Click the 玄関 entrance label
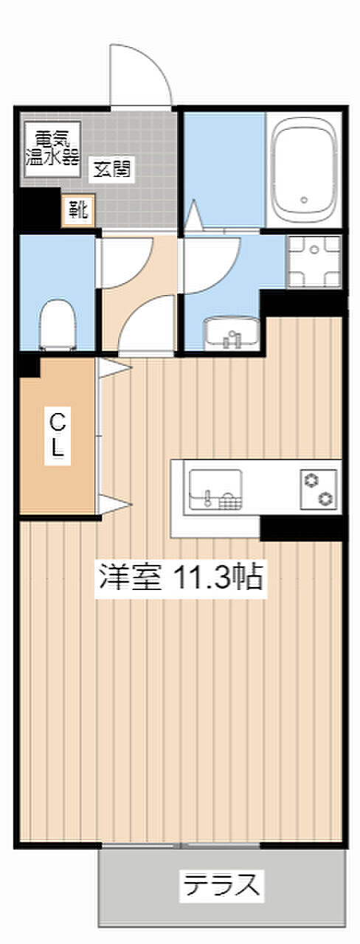click(x=111, y=169)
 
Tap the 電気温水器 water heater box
click(x=52, y=149)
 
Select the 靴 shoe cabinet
click(x=79, y=210)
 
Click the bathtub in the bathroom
click(x=305, y=169)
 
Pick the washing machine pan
click(x=314, y=262)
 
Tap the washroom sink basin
click(x=232, y=333)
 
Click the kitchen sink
click(x=215, y=491)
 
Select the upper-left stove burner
click(x=311, y=480)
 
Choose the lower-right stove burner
click(x=325, y=498)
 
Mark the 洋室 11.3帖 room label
click(x=181, y=577)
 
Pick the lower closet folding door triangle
click(x=114, y=504)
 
